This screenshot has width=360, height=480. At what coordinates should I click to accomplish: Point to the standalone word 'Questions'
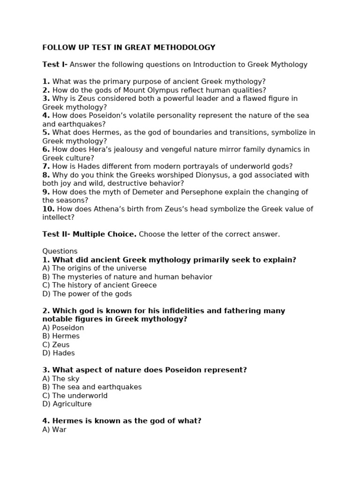[x=60, y=251]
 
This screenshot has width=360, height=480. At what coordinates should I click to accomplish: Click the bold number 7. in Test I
[x=46, y=166]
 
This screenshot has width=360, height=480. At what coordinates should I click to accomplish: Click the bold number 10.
[x=48, y=209]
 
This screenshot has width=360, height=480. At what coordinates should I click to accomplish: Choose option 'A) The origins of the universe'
[x=94, y=268]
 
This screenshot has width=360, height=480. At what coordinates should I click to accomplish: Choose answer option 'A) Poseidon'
[x=63, y=328]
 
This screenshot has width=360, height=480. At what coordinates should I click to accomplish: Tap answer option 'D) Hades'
[x=58, y=353]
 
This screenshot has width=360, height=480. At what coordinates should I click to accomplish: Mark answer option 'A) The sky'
[x=60, y=379]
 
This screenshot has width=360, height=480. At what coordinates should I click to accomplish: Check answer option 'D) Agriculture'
[x=67, y=404]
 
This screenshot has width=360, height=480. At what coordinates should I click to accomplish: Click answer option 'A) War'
[x=54, y=429]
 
